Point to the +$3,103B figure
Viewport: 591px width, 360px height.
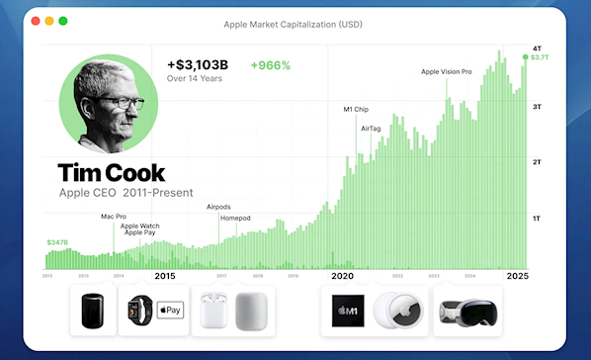pos(198,65)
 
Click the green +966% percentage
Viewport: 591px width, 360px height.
pos(271,65)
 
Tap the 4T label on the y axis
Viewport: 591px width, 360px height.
pos(537,48)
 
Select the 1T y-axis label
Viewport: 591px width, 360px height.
pos(537,218)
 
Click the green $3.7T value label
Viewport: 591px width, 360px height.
pos(540,57)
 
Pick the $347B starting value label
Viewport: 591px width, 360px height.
pos(57,242)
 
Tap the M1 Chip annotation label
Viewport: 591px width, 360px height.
pos(356,109)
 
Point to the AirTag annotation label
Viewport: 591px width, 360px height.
pos(372,129)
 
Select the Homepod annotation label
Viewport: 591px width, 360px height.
pos(234,218)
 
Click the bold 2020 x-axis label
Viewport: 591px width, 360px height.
pos(342,276)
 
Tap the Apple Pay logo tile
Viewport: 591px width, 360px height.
pos(170,311)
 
